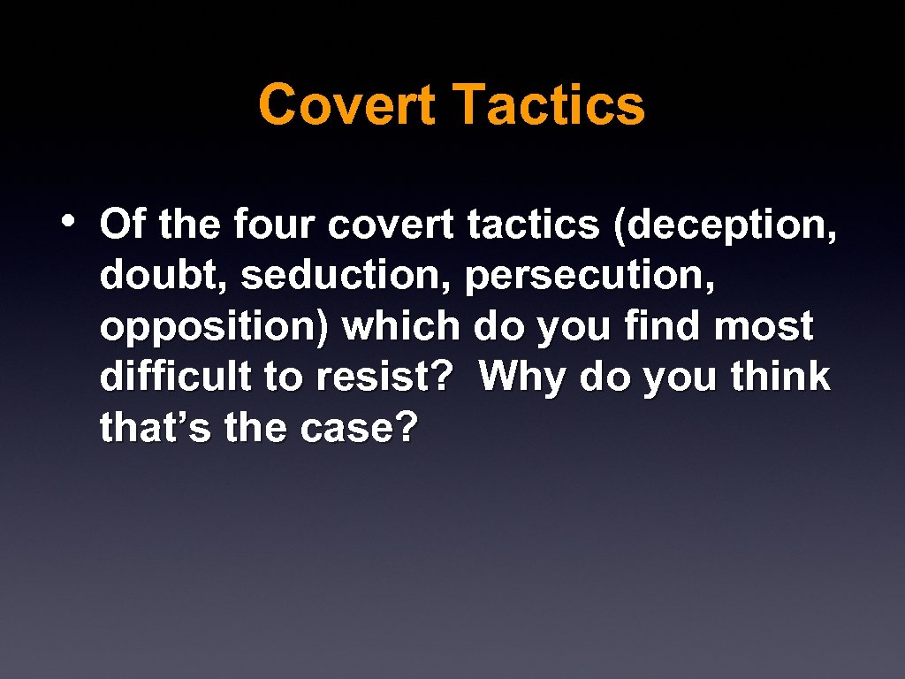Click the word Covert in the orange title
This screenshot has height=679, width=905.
click(x=346, y=105)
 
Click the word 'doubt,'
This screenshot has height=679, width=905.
click(x=164, y=276)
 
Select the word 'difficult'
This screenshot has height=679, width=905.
click(x=176, y=378)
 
